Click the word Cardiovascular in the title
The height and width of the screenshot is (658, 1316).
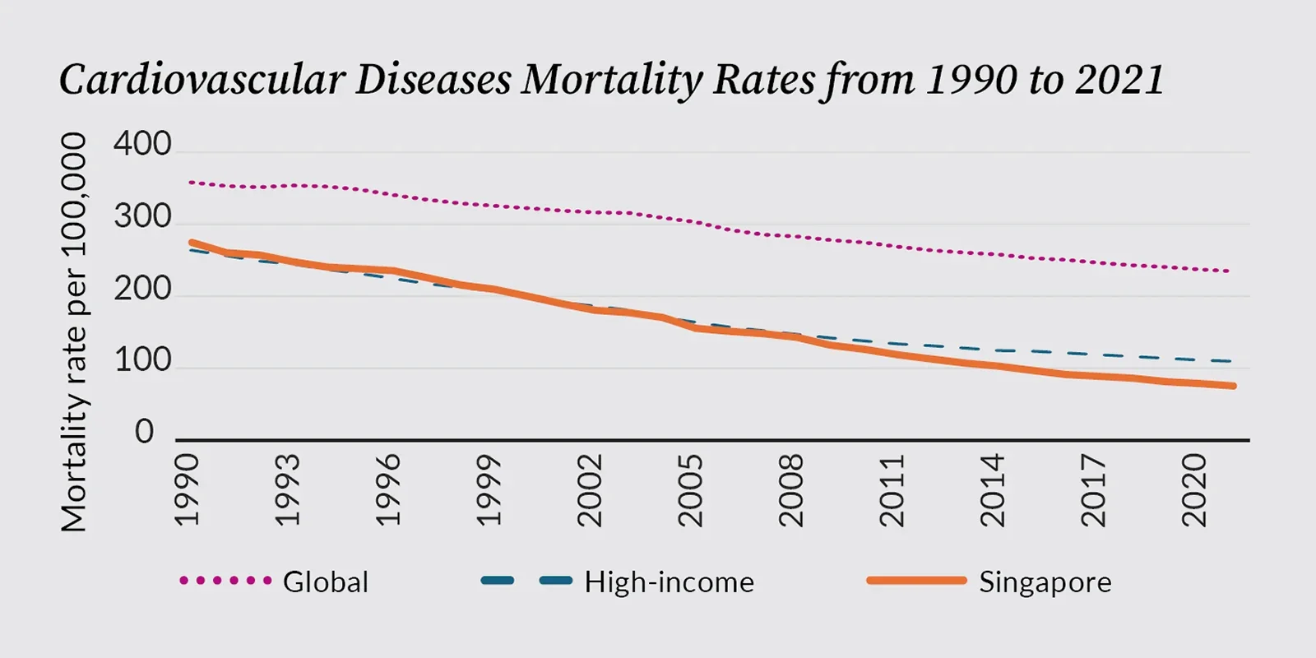(202, 80)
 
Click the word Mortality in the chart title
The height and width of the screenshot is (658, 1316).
(612, 80)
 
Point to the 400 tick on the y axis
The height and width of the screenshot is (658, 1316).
(142, 145)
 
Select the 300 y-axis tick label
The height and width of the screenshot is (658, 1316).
(142, 217)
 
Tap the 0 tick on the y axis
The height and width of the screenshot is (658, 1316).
(145, 432)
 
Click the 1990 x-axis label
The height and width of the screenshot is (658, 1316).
(188, 490)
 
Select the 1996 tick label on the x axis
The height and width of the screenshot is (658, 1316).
(388, 490)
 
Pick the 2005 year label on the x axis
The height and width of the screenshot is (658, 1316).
(690, 490)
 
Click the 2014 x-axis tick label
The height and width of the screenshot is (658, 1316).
(993, 490)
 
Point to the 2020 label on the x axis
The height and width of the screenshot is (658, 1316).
(1193, 490)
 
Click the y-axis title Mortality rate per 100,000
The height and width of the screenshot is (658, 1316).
(74, 332)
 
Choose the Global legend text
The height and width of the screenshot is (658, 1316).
(326, 582)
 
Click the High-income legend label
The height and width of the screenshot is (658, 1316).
(669, 582)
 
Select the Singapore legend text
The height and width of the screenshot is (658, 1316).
(1045, 582)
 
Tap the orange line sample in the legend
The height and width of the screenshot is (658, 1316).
(916, 581)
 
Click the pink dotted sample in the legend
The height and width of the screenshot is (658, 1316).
(225, 581)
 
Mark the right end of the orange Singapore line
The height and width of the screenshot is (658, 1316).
(1233, 386)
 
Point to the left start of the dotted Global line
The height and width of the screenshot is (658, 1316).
(191, 182)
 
